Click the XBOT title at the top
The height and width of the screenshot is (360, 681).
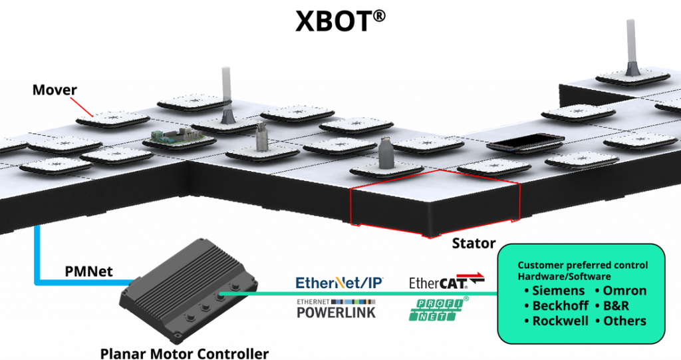pyautogui.click(x=340, y=21)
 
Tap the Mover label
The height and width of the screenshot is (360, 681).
pyautogui.click(x=55, y=90)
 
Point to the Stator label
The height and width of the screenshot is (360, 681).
pyautogui.click(x=474, y=243)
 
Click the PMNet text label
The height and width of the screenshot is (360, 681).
pyautogui.click(x=88, y=271)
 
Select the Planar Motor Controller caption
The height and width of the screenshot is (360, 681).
pyautogui.click(x=185, y=353)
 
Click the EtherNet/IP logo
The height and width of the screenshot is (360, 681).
pyautogui.click(x=339, y=283)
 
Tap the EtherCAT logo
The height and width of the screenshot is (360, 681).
pyautogui.click(x=446, y=281)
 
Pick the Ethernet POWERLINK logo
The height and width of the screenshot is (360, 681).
pyautogui.click(x=336, y=309)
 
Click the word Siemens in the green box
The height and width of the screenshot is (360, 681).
pyautogui.click(x=559, y=290)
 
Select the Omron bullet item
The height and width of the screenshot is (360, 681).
pyautogui.click(x=620, y=290)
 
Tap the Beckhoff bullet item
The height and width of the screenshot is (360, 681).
pyautogui.click(x=557, y=305)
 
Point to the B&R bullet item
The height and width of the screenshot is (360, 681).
pyautogui.click(x=612, y=305)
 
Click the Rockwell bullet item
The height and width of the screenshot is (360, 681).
pyautogui.click(x=557, y=321)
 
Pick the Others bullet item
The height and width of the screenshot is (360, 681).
pyautogui.click(x=620, y=321)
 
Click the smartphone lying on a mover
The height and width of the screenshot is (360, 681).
pyautogui.click(x=526, y=142)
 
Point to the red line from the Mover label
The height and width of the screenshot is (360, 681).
pyautogui.click(x=82, y=107)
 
